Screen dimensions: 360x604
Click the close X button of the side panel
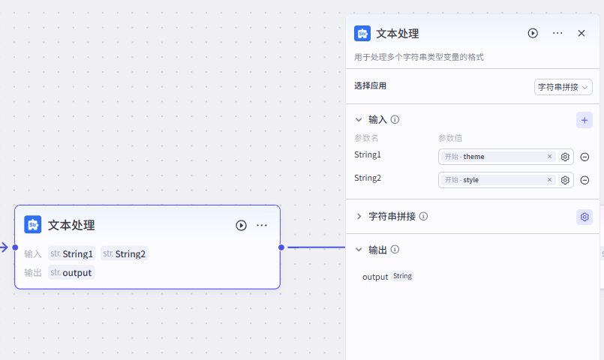click(581, 33)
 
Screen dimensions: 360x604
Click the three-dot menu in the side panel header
click(557, 33)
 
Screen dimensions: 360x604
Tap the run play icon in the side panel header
click(533, 33)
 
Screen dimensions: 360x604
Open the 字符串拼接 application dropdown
click(563, 87)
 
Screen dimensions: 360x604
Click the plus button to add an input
click(584, 120)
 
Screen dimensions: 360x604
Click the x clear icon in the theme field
click(549, 157)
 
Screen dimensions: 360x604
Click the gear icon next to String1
click(566, 157)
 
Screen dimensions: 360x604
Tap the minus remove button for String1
click(584, 157)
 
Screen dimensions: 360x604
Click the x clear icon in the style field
click(549, 180)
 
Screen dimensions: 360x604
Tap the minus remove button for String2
click(584, 180)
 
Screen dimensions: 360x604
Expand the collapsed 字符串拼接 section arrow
click(359, 216)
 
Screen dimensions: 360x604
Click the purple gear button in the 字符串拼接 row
click(584, 217)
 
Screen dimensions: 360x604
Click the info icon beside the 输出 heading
click(395, 250)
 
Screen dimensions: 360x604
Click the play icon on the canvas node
click(241, 225)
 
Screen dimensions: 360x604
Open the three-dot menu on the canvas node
click(262, 225)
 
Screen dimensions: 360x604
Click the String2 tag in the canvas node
click(125, 253)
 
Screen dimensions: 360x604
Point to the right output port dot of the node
click(281, 247)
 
